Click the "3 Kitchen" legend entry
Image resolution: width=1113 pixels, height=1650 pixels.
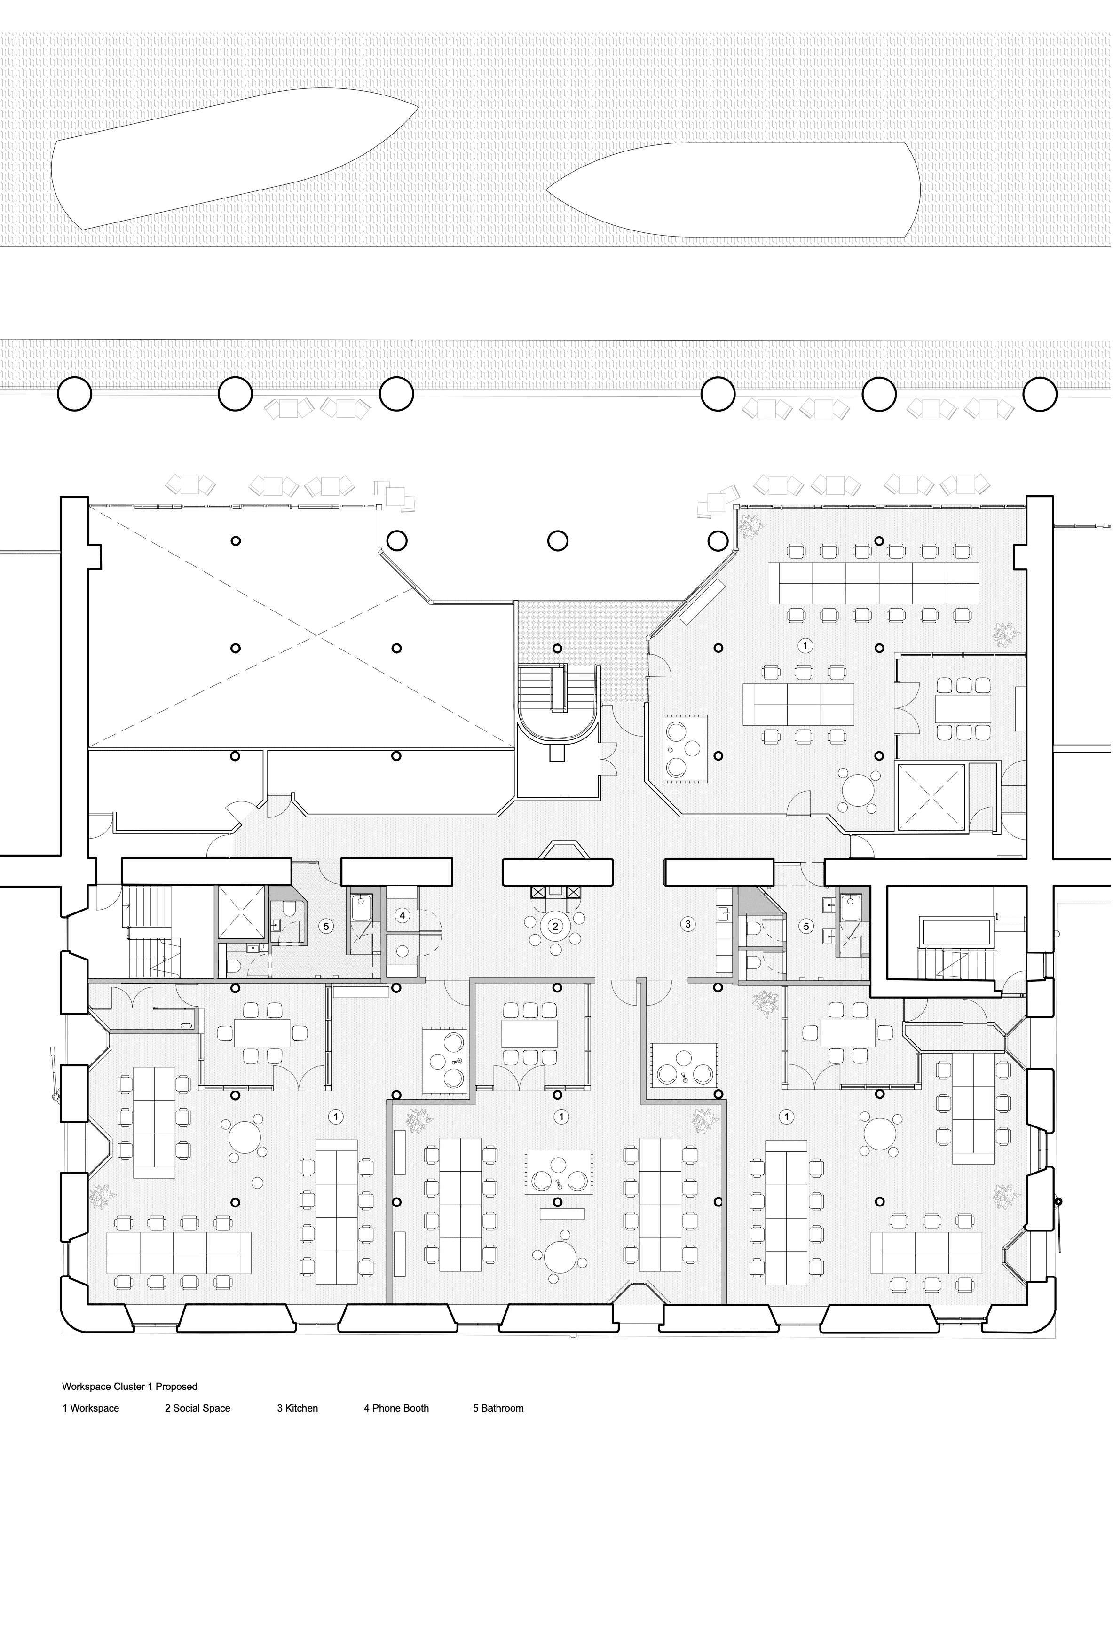point(298,1408)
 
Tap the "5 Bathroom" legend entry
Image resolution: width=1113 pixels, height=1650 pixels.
point(498,1408)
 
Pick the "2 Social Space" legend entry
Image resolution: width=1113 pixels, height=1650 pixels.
point(197,1408)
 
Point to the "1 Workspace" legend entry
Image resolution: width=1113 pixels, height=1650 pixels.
point(90,1408)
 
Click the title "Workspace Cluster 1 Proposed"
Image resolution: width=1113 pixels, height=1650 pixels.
point(129,1386)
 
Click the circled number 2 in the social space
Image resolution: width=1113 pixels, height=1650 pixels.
point(556,926)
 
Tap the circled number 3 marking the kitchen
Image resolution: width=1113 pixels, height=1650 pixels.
point(687,924)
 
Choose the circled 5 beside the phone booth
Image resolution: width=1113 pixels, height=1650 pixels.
point(326,926)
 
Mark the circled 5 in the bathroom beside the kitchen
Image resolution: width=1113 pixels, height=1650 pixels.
point(805,926)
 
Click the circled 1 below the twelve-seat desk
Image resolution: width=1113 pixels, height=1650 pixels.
point(805,645)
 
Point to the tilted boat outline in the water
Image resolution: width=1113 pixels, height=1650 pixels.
point(234,159)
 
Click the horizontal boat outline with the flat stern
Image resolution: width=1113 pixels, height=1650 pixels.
point(733,190)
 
